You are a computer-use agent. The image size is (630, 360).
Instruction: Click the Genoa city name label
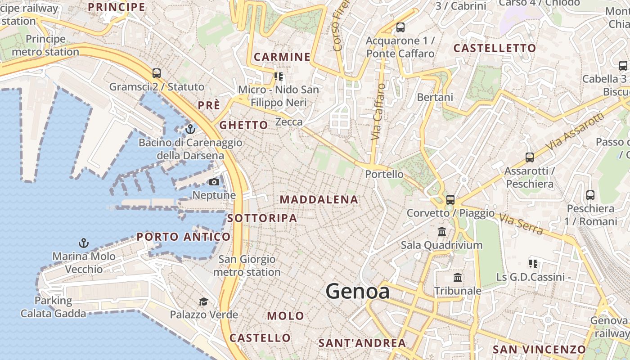(x=357, y=291)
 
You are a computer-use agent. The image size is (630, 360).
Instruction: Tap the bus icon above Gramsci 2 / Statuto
(x=156, y=73)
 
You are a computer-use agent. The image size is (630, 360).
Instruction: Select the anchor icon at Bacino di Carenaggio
(x=190, y=129)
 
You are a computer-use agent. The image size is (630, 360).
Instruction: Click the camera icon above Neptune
(x=214, y=182)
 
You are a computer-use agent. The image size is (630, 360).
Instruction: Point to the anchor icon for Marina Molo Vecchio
(x=83, y=243)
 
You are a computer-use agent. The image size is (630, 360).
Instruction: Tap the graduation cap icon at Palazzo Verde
(x=204, y=301)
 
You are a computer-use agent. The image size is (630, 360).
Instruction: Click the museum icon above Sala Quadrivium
(x=442, y=232)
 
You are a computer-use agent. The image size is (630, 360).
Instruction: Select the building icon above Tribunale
(x=458, y=277)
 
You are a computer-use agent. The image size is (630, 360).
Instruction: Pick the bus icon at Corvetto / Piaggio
(x=450, y=199)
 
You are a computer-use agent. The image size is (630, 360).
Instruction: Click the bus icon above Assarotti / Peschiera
(x=530, y=157)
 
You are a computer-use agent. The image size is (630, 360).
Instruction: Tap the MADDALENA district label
(x=319, y=199)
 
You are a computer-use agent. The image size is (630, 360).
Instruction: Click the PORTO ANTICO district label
(x=184, y=237)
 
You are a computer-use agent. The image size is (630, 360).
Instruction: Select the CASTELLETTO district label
(x=495, y=48)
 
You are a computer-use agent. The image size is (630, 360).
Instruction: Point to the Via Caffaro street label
(x=378, y=112)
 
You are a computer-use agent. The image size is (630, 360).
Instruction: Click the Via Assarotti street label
(x=574, y=131)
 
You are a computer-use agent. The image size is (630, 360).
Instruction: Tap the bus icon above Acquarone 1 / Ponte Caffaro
(x=400, y=27)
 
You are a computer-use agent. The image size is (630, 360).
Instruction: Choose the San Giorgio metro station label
(x=247, y=265)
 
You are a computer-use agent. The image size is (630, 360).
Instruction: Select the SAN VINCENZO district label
(x=539, y=349)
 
